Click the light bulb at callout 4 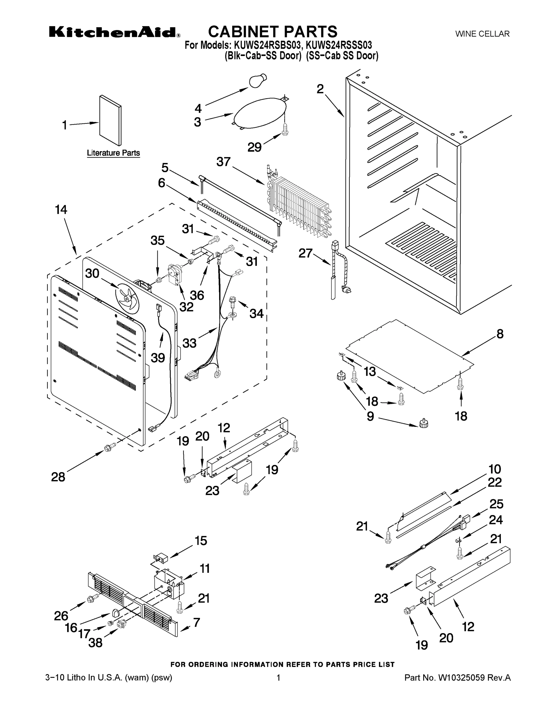tap(258, 81)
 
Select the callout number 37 tap(224, 162)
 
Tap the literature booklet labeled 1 tap(110, 120)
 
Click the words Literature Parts tap(113, 153)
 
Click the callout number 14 tap(61, 209)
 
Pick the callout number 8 tap(500, 334)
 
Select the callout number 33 tap(189, 343)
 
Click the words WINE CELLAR tap(482, 34)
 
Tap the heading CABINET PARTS tap(273, 31)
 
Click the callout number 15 tap(201, 540)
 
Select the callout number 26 tap(61, 616)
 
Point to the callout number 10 tap(494, 469)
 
